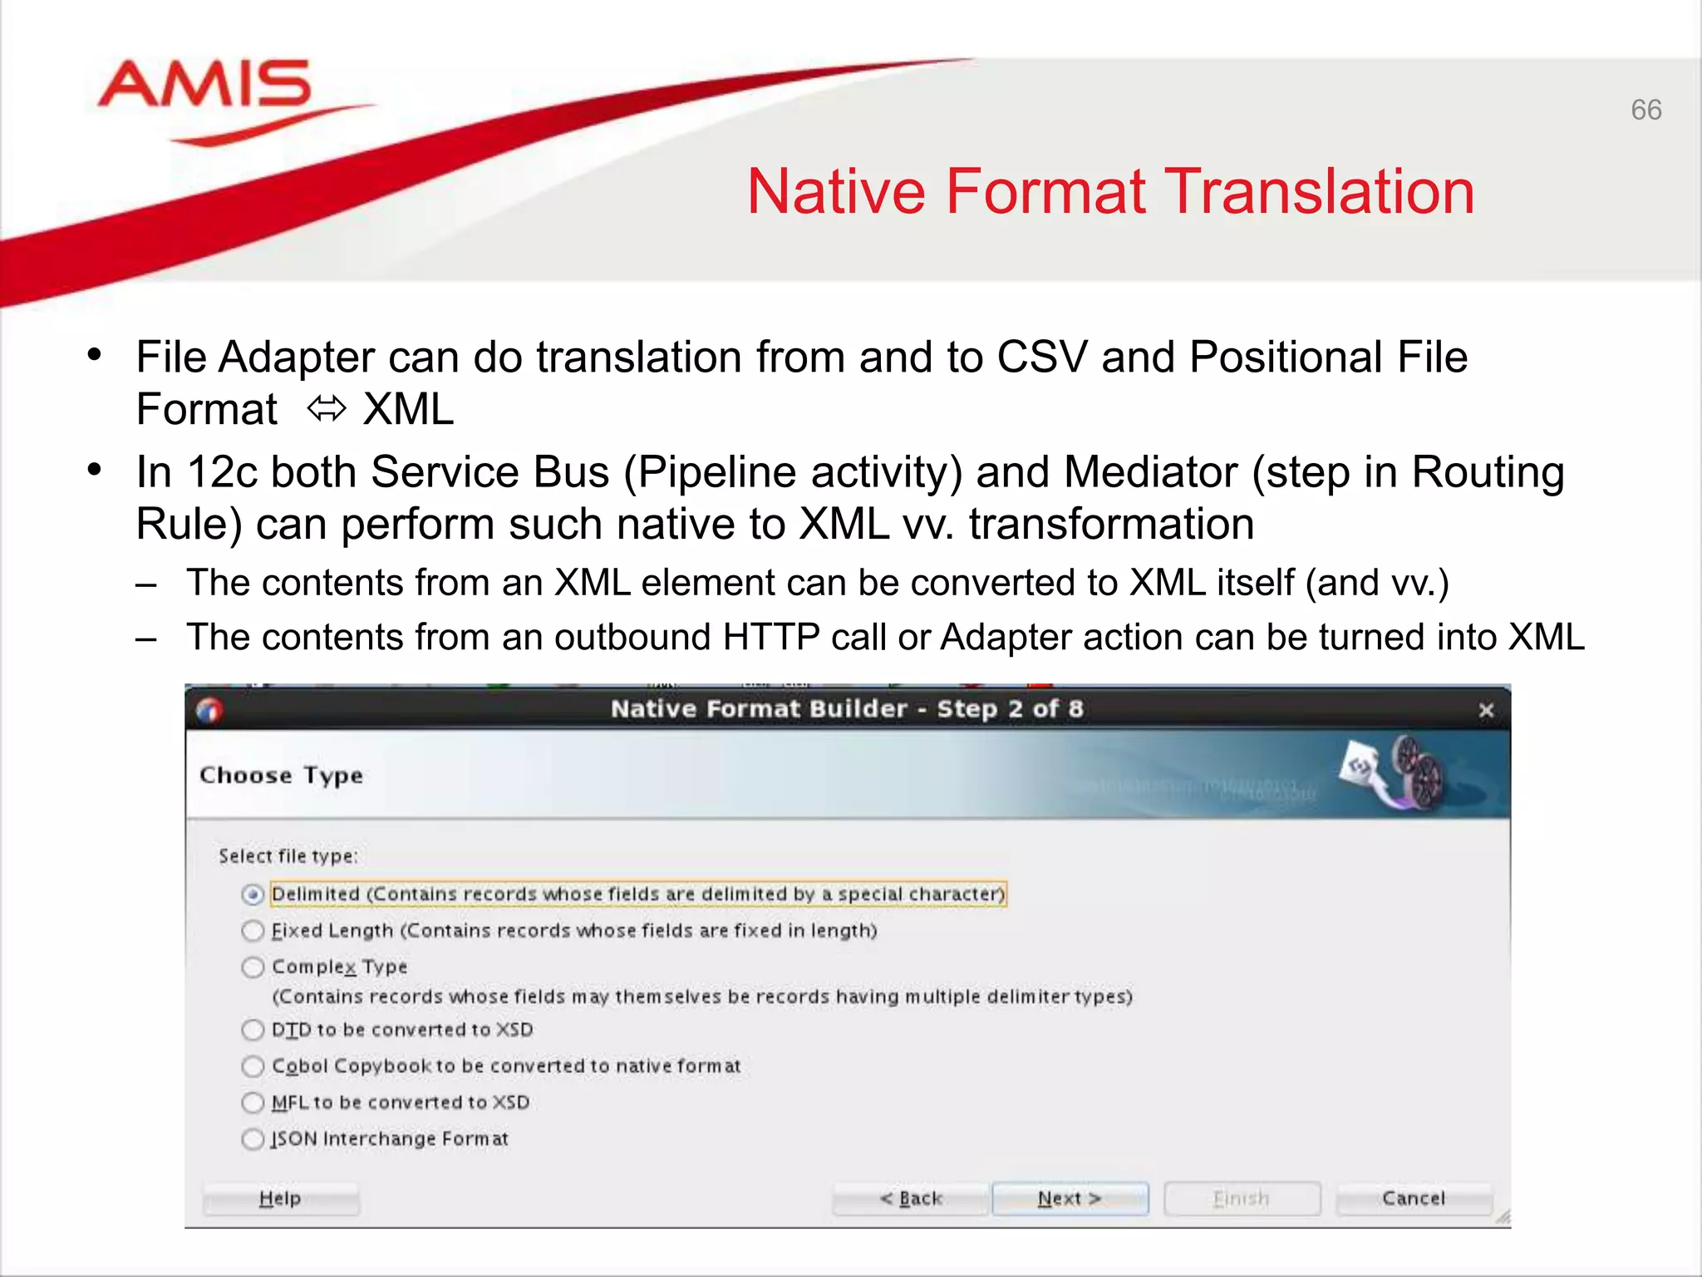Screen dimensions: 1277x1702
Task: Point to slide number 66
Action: point(1645,110)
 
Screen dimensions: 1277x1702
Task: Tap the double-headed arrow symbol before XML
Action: point(326,409)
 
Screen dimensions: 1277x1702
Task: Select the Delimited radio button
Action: point(253,895)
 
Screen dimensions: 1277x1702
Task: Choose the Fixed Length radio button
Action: point(253,930)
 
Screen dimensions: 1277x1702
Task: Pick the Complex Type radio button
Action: point(253,967)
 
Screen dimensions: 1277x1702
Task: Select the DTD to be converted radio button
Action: point(253,1030)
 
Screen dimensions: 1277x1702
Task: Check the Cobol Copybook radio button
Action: point(253,1066)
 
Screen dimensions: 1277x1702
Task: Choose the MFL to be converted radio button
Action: point(253,1102)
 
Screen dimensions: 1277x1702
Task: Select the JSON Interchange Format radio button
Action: point(253,1139)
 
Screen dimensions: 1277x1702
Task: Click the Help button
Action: point(280,1199)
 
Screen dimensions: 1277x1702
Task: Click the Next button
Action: point(1070,1199)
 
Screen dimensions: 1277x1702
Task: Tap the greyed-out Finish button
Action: point(1242,1199)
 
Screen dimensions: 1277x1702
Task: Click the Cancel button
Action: point(1414,1199)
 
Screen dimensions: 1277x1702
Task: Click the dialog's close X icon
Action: point(1486,710)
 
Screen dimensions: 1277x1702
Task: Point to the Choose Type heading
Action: point(281,776)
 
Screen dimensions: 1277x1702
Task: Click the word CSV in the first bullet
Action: point(1041,357)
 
